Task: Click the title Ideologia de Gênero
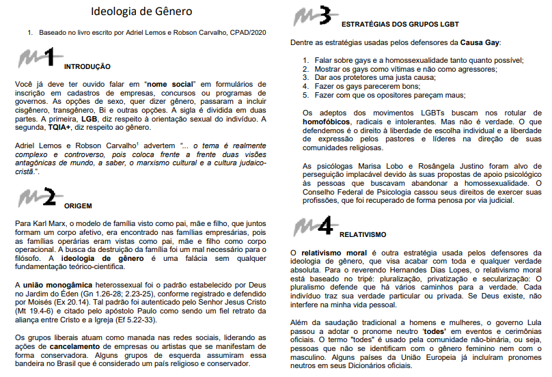coord(141,12)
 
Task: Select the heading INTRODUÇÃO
coord(87,66)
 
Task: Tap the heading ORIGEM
coord(78,205)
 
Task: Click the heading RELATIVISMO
coord(363,234)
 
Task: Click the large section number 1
coord(49,57)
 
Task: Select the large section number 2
coord(49,197)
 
